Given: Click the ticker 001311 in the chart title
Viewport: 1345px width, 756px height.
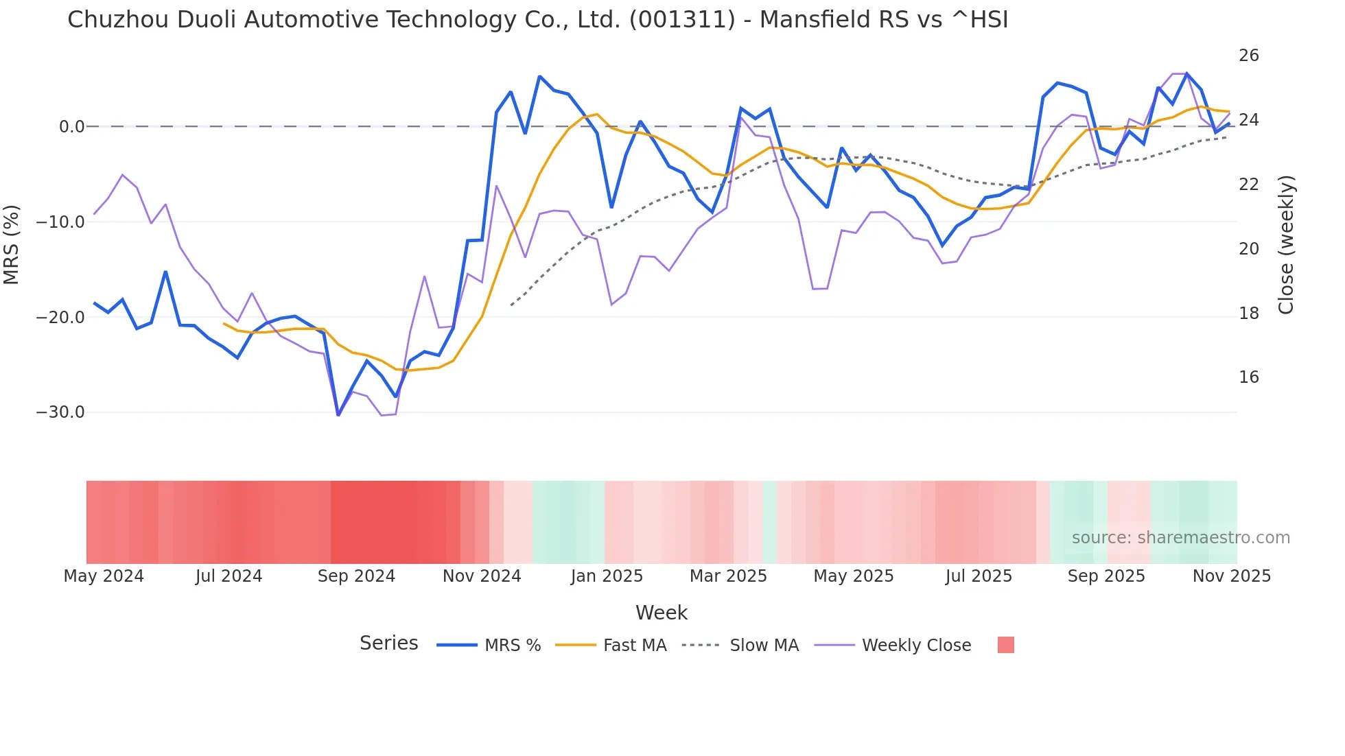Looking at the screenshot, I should point(682,20).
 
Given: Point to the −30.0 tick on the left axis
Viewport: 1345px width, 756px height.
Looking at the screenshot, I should point(60,412).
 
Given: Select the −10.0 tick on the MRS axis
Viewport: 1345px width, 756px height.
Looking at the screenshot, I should point(60,222).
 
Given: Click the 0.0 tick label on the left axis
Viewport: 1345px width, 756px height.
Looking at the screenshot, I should point(72,127).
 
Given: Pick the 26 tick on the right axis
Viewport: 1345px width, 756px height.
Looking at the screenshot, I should point(1248,56).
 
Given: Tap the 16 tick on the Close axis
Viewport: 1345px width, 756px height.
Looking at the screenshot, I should point(1248,377).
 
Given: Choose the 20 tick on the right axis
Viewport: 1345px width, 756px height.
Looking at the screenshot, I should point(1248,249).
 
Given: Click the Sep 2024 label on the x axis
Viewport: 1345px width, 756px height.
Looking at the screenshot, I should point(356,576).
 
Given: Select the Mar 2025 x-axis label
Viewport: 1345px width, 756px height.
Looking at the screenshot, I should point(728,576).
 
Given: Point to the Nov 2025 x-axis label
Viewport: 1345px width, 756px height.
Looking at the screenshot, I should point(1231,576).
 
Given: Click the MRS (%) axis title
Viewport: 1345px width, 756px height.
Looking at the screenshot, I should point(12,244).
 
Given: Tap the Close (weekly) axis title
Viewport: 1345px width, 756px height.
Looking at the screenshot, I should point(1285,245).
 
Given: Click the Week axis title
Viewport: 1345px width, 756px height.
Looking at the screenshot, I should point(661,613).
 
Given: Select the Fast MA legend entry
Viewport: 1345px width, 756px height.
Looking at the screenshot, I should point(634,646).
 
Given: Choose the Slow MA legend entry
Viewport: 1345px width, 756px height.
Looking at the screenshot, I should point(764,646).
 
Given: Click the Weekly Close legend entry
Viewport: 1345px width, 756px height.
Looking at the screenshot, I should point(916,646).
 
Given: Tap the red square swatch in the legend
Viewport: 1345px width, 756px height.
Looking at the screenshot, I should point(1005,645).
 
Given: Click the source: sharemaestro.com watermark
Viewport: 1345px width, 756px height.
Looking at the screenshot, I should point(1180,538).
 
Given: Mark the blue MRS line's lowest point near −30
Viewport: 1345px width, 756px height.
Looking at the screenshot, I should point(338,414).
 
